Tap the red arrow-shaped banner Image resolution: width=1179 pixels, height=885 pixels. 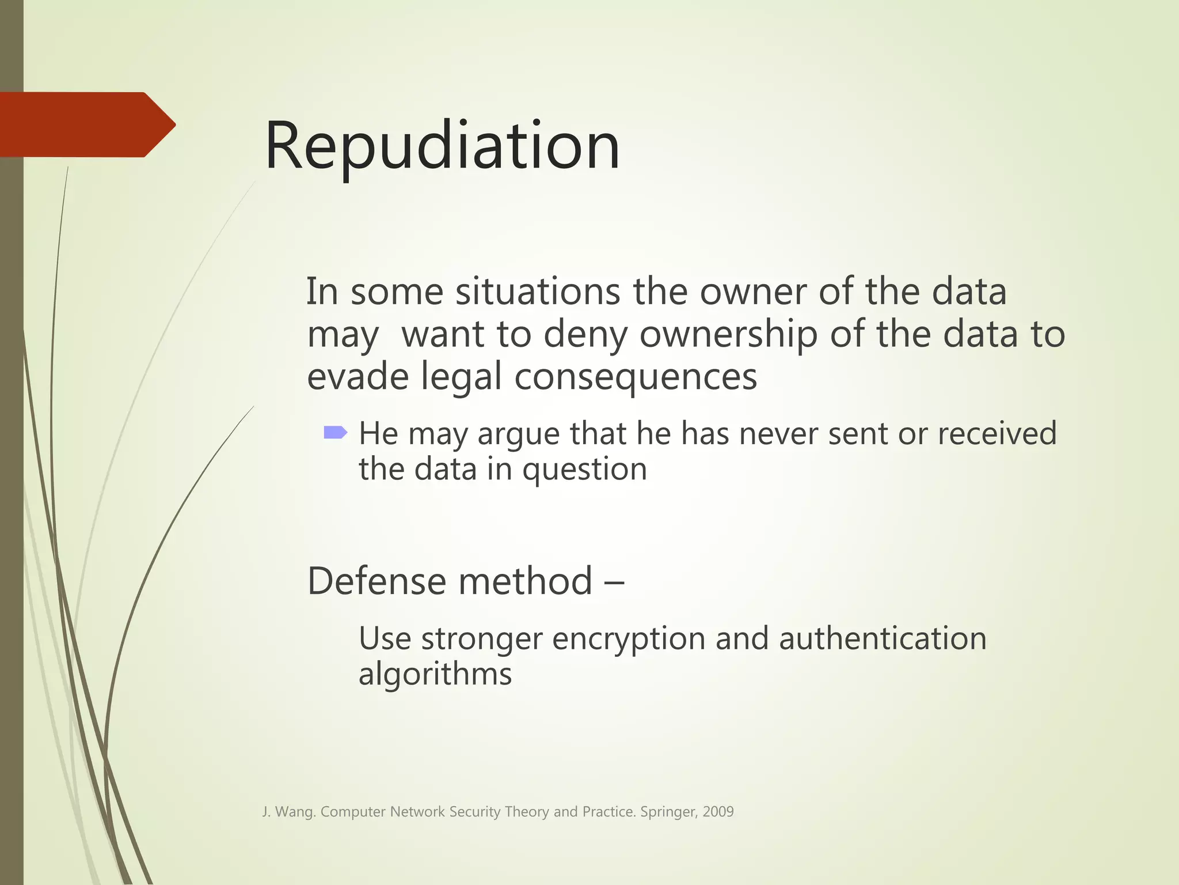86,124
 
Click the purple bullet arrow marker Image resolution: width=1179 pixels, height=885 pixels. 335,432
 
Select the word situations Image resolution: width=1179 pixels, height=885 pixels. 538,292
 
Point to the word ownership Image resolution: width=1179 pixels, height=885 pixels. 728,335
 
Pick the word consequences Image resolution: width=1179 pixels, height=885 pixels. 636,378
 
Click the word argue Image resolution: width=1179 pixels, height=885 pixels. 518,434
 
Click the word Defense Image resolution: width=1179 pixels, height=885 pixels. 377,581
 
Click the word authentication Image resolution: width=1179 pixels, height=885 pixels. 883,638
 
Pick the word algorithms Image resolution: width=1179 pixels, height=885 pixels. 435,674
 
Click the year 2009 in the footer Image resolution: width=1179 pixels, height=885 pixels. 718,812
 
